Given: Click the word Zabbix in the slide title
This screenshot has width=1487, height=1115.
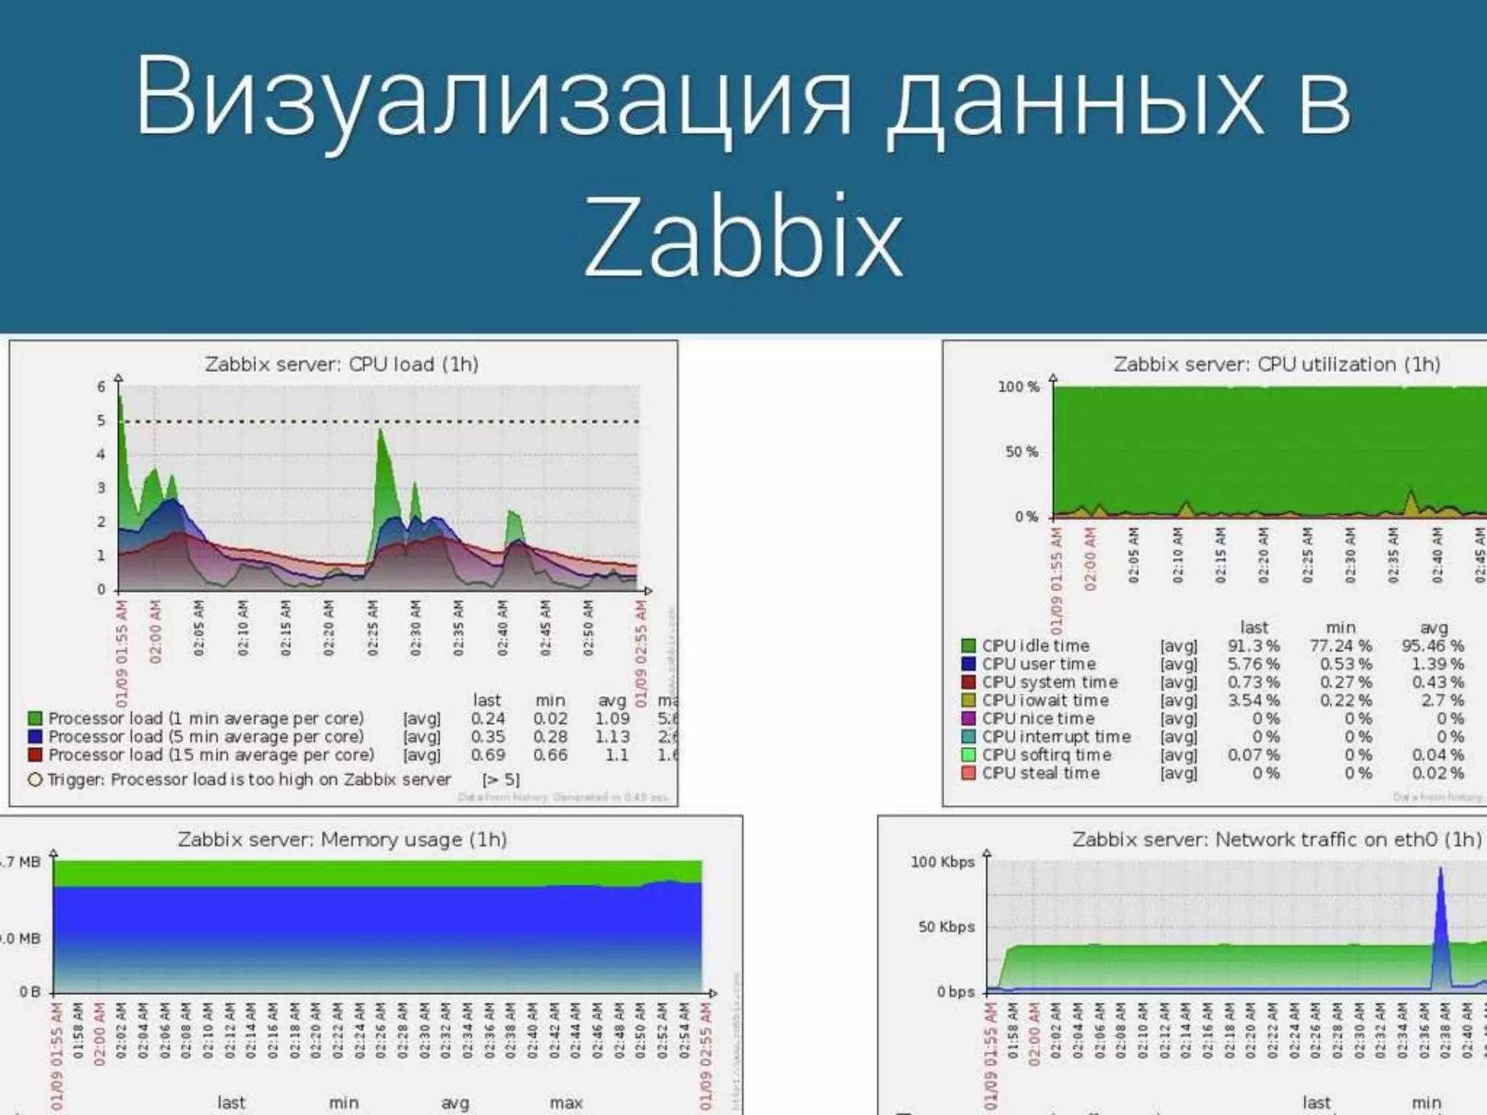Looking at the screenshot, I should click(743, 237).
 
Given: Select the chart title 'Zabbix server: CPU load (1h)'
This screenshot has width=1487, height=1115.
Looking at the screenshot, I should click(341, 364).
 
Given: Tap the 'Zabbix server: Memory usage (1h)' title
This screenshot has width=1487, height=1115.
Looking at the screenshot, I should click(342, 839).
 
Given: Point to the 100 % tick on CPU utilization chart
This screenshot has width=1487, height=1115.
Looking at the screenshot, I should click(1018, 387).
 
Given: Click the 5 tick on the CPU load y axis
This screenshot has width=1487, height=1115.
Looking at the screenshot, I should click(101, 421).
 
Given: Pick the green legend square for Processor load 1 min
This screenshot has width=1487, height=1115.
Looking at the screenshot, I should click(34, 719).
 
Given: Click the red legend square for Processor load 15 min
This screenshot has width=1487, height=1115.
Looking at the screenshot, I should click(34, 755).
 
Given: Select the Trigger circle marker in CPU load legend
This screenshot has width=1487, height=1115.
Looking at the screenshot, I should click(34, 780).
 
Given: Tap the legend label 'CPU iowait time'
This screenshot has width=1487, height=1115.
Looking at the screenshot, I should click(1045, 701).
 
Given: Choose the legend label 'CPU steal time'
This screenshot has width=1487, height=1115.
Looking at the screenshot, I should click(1040, 773).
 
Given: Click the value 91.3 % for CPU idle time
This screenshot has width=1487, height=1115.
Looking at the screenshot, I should click(1253, 646).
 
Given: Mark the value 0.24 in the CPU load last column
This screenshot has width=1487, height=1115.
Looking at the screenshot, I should click(487, 719).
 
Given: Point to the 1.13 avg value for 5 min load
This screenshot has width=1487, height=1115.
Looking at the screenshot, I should click(612, 737).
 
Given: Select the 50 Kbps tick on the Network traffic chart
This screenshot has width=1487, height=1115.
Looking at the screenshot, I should click(946, 927).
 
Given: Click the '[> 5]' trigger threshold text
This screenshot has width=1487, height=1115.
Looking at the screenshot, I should click(501, 780).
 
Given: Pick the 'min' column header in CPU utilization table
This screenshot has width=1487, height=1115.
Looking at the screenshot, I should click(1340, 627).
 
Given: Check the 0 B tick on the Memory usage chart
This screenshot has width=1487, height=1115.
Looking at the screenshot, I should click(30, 992).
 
